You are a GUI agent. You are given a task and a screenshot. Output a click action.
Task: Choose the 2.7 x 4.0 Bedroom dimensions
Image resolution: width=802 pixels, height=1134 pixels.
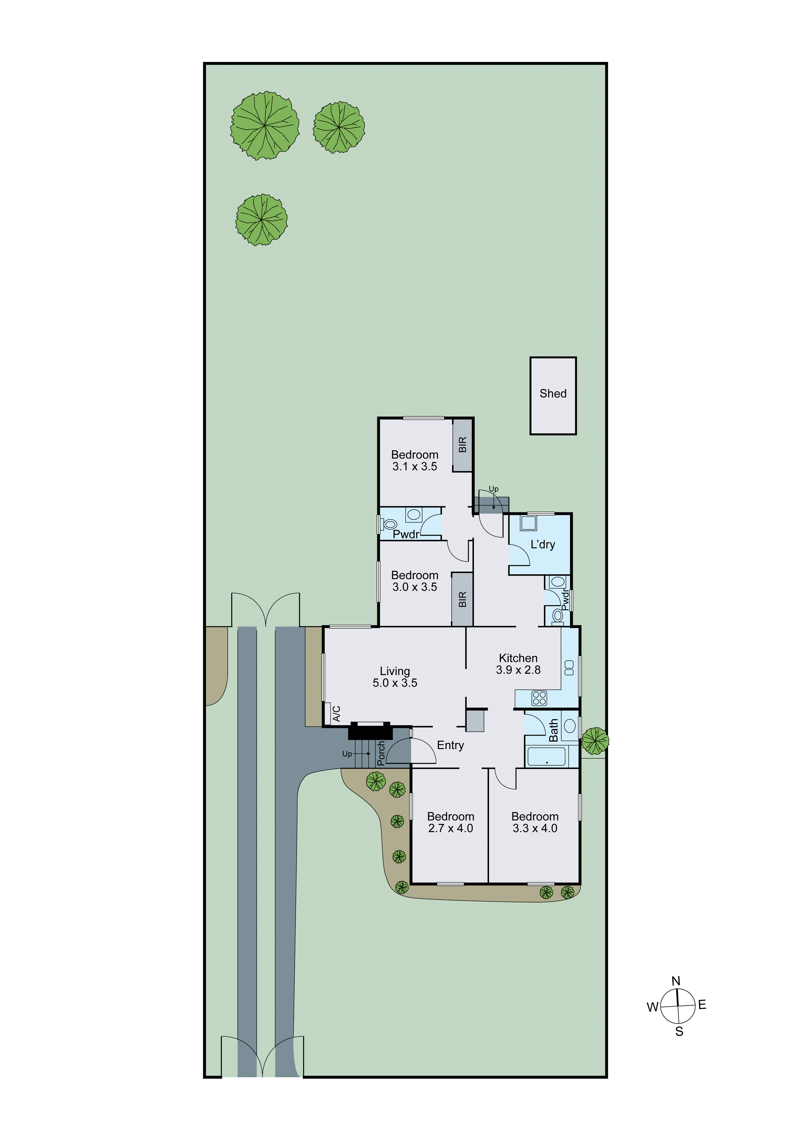[450, 828]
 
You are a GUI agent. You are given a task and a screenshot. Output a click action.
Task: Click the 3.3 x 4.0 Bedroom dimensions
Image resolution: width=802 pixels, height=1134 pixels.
[535, 828]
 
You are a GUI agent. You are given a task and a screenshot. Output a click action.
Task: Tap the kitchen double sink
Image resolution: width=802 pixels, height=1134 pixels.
[569, 668]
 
